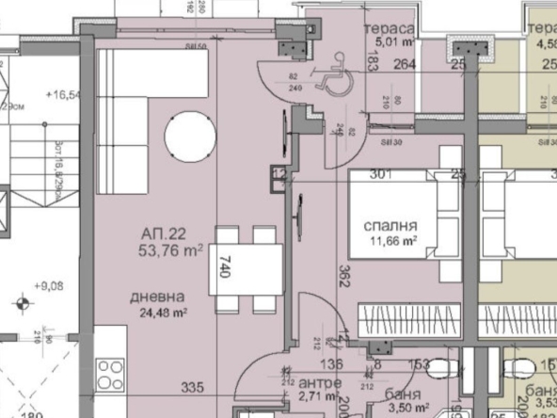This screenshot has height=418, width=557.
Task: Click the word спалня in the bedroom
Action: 390,227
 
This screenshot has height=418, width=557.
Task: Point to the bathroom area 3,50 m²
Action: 406,410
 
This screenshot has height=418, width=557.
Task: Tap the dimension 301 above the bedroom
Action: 380,173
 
